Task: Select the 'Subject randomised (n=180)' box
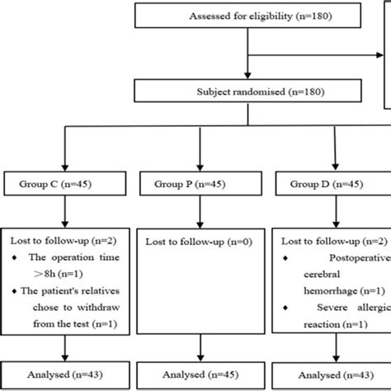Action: coord(247,92)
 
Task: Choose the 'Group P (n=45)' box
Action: coord(199,181)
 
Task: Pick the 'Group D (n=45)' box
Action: coord(334,181)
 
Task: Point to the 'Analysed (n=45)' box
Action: coord(199,374)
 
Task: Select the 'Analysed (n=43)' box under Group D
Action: coord(334,374)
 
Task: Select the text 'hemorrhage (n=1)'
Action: coord(339,291)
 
